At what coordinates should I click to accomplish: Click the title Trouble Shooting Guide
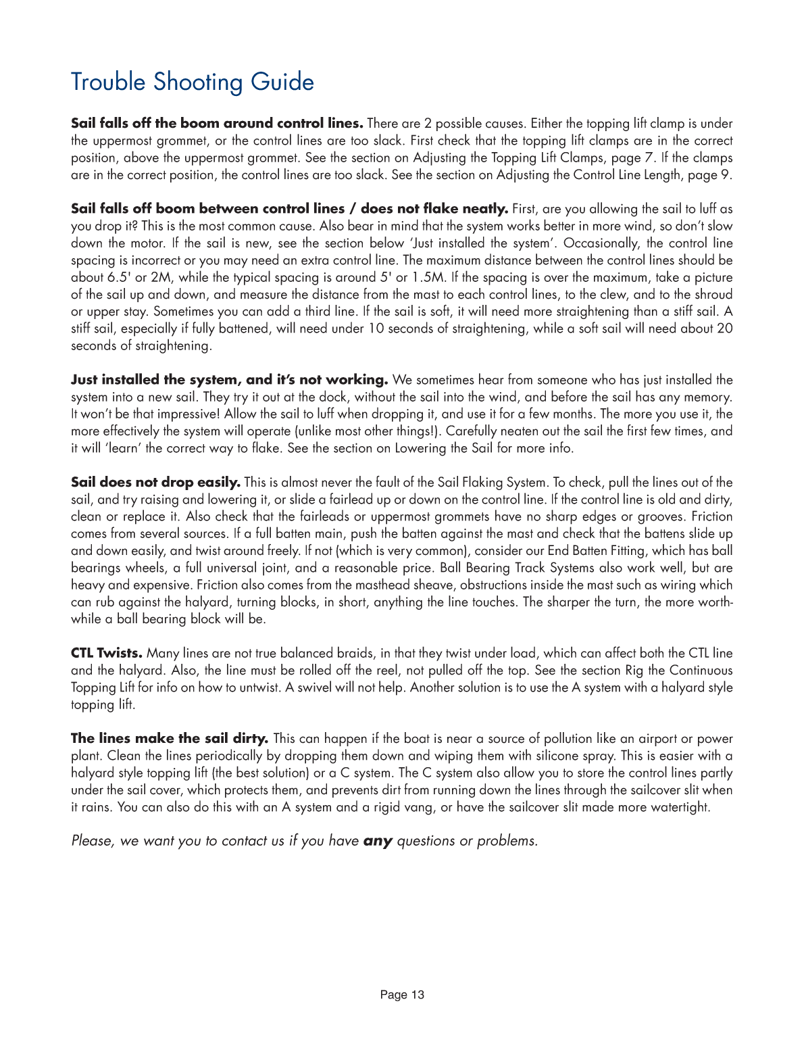[193, 82]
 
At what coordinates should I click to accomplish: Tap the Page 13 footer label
[402, 994]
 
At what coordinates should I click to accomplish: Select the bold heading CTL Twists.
[107, 653]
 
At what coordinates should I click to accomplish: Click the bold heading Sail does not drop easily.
[155, 482]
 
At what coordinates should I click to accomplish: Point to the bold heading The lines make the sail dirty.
[170, 738]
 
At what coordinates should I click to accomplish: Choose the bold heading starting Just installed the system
[229, 379]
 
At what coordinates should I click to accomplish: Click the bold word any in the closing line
[378, 841]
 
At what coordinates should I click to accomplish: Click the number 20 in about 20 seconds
[724, 329]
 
